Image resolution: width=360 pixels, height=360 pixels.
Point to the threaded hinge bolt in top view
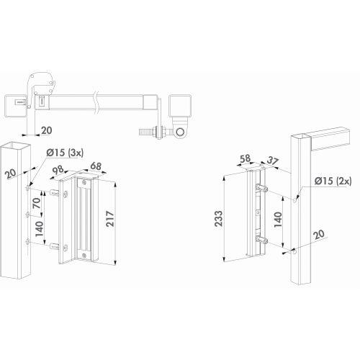(146, 132)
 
